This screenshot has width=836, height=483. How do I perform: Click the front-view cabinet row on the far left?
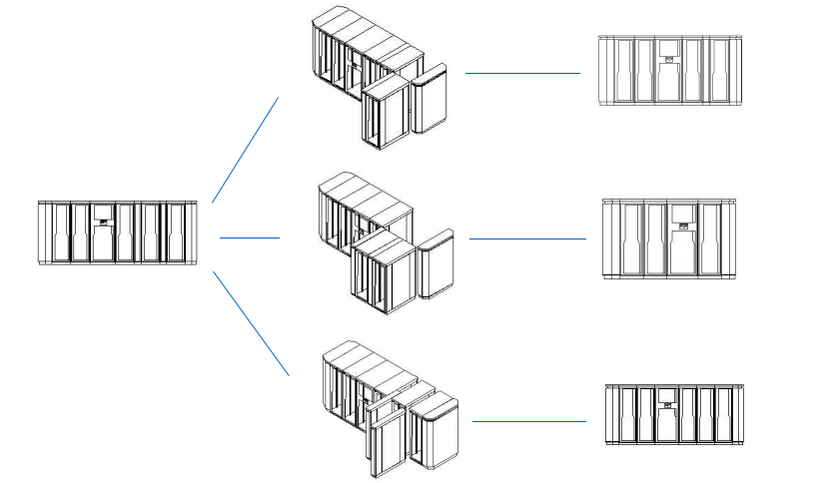(x=118, y=233)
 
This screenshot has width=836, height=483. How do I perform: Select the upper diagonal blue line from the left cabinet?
(x=246, y=149)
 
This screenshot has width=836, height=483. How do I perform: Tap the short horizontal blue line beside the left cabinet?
(x=249, y=239)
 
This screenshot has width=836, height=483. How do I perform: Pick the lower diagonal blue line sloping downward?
(x=252, y=322)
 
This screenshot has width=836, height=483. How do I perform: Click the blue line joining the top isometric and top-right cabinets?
(x=522, y=73)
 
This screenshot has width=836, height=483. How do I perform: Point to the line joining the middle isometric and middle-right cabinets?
(x=527, y=239)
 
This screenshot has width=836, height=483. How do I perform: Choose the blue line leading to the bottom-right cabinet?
(x=528, y=421)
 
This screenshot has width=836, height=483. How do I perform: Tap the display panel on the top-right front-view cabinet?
(x=667, y=48)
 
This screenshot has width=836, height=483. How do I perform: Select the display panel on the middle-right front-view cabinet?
(x=682, y=213)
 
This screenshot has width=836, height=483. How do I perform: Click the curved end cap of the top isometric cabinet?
(x=431, y=100)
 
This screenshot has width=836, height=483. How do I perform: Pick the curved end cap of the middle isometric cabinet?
(x=436, y=265)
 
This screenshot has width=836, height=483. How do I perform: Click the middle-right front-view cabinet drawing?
(x=669, y=239)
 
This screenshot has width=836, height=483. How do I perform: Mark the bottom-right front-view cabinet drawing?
(x=676, y=413)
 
